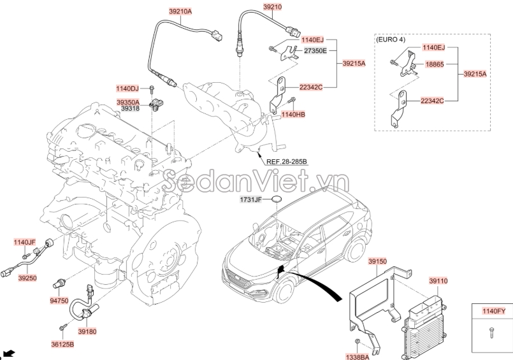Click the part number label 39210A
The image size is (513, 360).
(163, 11)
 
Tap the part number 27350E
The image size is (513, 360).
(315, 50)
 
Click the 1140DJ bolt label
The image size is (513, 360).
(127, 88)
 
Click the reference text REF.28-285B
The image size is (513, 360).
(286, 162)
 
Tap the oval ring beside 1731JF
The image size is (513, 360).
(277, 200)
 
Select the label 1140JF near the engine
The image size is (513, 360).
(25, 242)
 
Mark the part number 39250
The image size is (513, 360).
(27, 278)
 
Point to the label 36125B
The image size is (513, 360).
(62, 344)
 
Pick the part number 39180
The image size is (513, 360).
(87, 331)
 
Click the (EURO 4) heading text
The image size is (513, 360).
(391, 39)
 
